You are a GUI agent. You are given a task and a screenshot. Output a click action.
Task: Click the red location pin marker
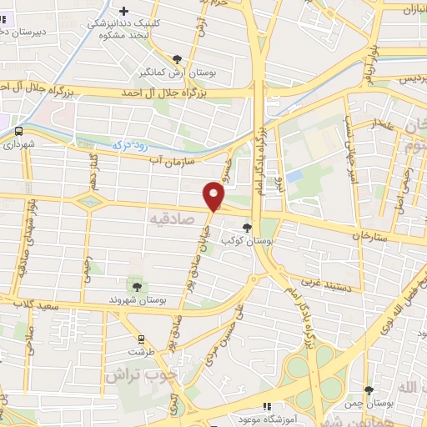(215, 196)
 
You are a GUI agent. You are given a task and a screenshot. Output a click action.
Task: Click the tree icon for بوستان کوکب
(248, 226)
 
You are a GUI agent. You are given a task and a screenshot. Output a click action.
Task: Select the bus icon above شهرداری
(18, 131)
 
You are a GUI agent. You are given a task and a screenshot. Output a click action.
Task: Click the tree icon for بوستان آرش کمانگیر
(177, 58)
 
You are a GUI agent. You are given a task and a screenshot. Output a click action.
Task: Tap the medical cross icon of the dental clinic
(124, 12)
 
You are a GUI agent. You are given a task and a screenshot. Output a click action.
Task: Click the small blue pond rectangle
(294, 176)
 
